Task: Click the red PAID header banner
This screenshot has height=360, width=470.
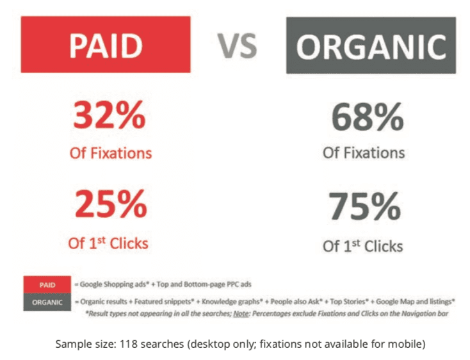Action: [x=106, y=45]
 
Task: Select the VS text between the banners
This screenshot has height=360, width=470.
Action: [x=237, y=46]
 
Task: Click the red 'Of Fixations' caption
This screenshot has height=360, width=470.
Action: [x=110, y=153]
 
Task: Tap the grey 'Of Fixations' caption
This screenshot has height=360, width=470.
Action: [x=364, y=153]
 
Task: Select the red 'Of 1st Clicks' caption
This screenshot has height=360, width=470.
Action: [x=108, y=243]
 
